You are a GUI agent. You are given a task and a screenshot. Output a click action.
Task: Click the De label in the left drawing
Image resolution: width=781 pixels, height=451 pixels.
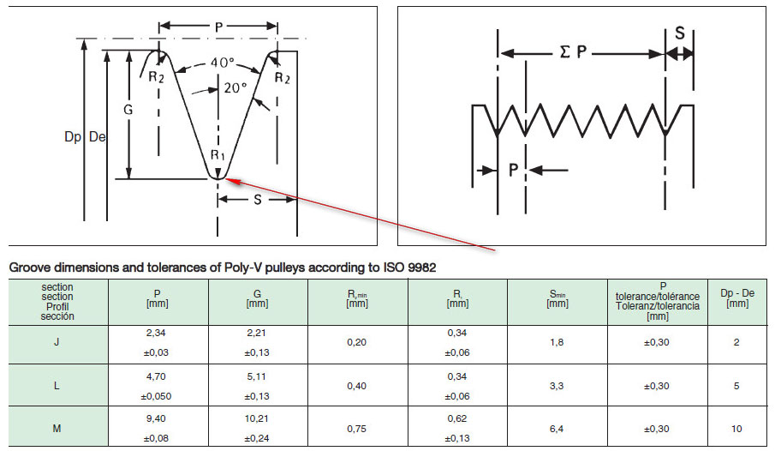(x=97, y=137)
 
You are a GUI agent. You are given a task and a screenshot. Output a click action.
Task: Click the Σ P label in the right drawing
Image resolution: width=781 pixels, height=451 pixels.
(x=569, y=52)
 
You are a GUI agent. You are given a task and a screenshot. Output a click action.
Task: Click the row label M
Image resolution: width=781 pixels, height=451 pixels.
(x=57, y=428)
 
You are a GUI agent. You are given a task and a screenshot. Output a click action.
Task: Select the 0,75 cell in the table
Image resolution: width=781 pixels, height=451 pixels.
(x=356, y=428)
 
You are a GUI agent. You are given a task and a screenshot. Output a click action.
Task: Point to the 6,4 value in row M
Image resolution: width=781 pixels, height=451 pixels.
(x=557, y=428)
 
